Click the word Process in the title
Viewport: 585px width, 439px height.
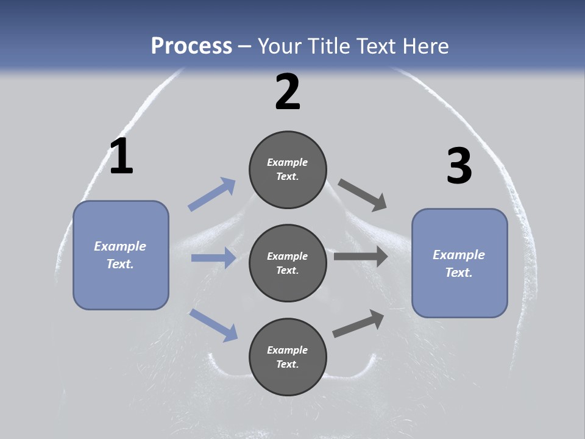click(191, 46)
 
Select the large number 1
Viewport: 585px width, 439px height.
click(121, 157)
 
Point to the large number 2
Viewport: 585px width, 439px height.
click(288, 92)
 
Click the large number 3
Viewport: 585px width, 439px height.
click(459, 166)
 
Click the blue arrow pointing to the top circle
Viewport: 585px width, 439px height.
click(212, 195)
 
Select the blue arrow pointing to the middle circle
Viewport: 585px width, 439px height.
click(213, 258)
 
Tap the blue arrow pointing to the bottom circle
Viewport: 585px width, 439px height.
click(213, 324)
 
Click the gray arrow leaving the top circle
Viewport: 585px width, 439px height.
click(363, 195)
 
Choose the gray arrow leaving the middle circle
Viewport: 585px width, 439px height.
click(361, 256)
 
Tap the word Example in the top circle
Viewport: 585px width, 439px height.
click(287, 162)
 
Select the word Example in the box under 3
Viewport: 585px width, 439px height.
click(459, 255)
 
